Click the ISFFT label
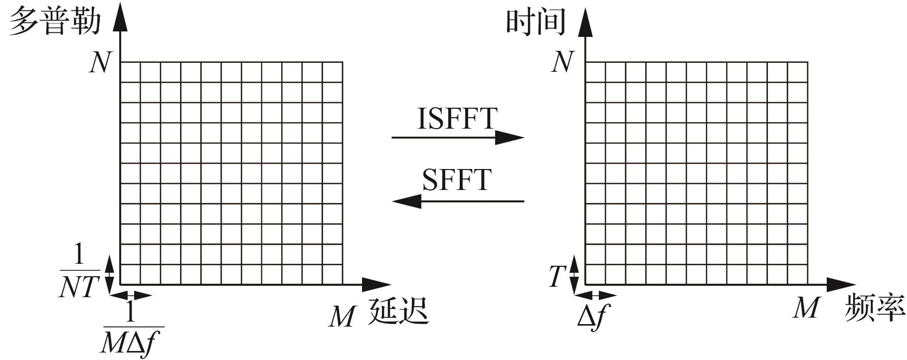coord(457,119)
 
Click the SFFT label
coord(457,180)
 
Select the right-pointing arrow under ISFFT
coord(458,137)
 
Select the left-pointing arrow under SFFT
coord(458,201)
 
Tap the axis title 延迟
coord(398,311)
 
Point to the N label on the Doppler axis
coord(100,63)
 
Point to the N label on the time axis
coord(562,62)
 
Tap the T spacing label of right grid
coord(557,276)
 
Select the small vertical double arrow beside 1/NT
coord(110,271)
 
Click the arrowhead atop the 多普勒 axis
coord(120,20)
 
